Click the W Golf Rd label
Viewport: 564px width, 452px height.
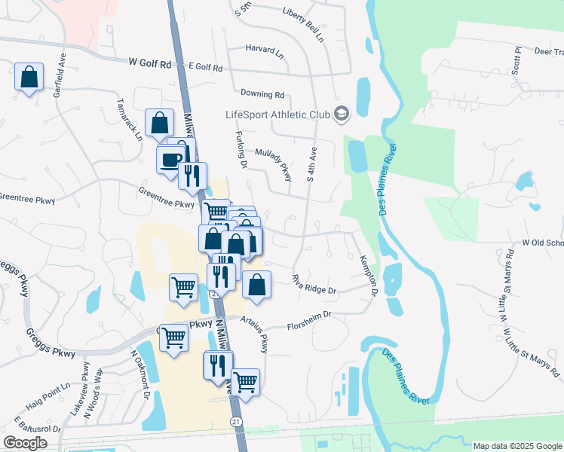point(150,64)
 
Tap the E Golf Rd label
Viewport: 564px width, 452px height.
point(205,68)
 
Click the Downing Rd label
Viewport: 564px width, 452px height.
point(262,95)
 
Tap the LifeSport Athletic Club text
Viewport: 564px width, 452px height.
point(278,115)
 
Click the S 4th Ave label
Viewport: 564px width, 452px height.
point(309,164)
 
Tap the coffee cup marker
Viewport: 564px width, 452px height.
point(170,158)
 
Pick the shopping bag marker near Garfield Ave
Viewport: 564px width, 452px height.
point(29,77)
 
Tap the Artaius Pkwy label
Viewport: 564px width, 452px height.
point(254,334)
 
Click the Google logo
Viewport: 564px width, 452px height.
point(25,443)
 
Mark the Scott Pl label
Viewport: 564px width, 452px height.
point(517,60)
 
